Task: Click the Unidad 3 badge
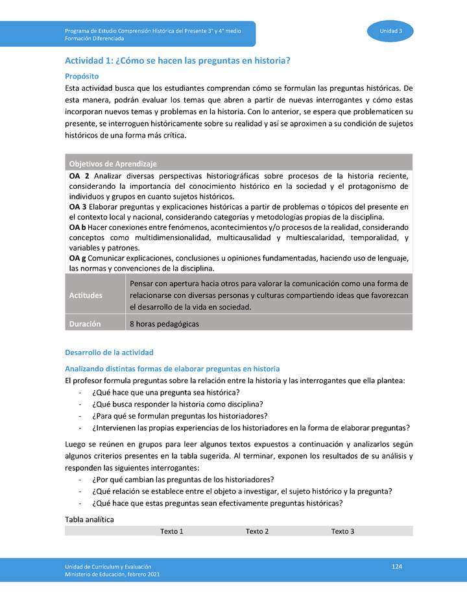[x=390, y=31]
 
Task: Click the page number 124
[x=397, y=567]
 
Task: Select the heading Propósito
[x=82, y=76]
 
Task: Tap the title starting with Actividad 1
[x=177, y=60]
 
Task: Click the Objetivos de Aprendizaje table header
[x=113, y=164]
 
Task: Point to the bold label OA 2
[x=78, y=176]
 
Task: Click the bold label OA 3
[x=78, y=206]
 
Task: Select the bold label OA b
[x=78, y=227]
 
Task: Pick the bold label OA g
[x=78, y=258]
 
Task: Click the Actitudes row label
[x=86, y=295]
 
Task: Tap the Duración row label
[x=85, y=323]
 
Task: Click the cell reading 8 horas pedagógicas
[x=164, y=323]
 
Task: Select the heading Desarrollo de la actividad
[x=109, y=352]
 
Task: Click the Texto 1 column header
[x=172, y=531]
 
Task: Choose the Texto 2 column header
[x=257, y=531]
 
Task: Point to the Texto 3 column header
[x=342, y=531]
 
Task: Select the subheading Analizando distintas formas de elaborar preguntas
[x=172, y=368]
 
